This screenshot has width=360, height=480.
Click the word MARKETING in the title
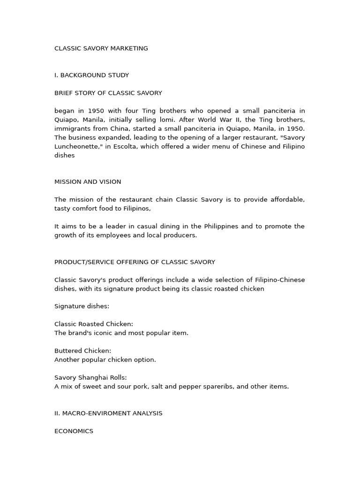(127, 48)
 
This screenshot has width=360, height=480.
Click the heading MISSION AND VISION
(88, 182)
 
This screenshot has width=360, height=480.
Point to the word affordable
(285, 200)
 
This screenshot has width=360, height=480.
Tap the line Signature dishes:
(82, 306)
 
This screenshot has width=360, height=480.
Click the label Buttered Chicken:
(82, 351)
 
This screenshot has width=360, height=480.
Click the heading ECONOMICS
(74, 431)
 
